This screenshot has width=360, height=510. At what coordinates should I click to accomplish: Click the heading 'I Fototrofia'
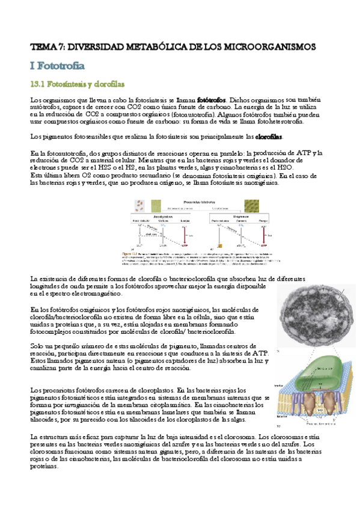(57, 64)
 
